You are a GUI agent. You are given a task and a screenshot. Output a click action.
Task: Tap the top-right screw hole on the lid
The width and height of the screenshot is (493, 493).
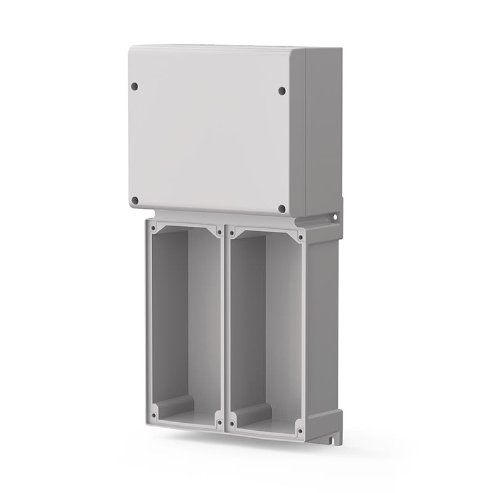coord(282,91)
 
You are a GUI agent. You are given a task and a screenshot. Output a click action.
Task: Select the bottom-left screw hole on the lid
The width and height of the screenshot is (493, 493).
coord(135,200)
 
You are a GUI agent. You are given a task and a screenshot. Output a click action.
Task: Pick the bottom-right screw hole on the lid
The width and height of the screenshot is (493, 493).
coord(282,209)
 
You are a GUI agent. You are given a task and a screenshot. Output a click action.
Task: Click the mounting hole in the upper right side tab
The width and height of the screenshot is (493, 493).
coord(335,217)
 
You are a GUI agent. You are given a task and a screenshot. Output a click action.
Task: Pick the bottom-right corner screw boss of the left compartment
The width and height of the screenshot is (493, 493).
coord(219,423)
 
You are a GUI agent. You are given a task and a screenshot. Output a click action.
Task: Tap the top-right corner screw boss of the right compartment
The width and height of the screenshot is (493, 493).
coord(300,237)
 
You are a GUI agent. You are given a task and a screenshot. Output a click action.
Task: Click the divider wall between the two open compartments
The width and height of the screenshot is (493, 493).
coord(226,327)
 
